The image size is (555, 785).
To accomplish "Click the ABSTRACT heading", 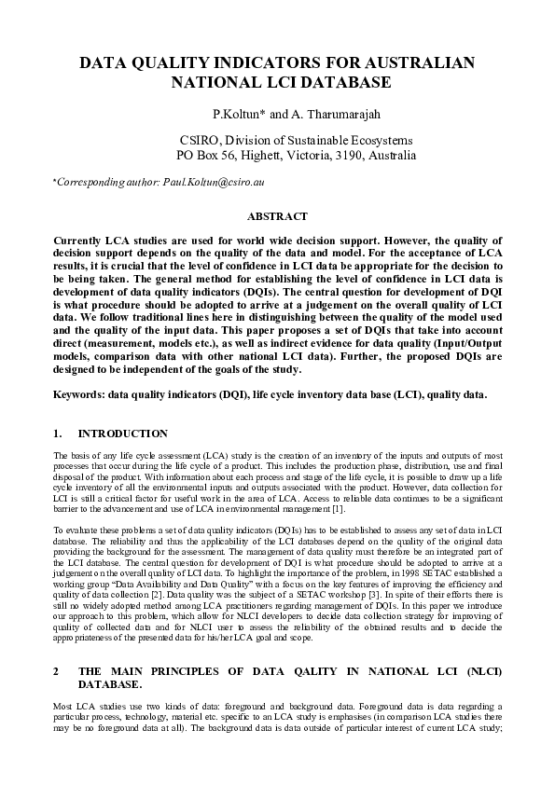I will pos(277,216).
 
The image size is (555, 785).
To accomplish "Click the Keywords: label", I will pos(79,396).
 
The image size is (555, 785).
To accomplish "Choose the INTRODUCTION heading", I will pos(123,434).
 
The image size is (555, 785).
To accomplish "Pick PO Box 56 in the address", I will pos(201,156).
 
